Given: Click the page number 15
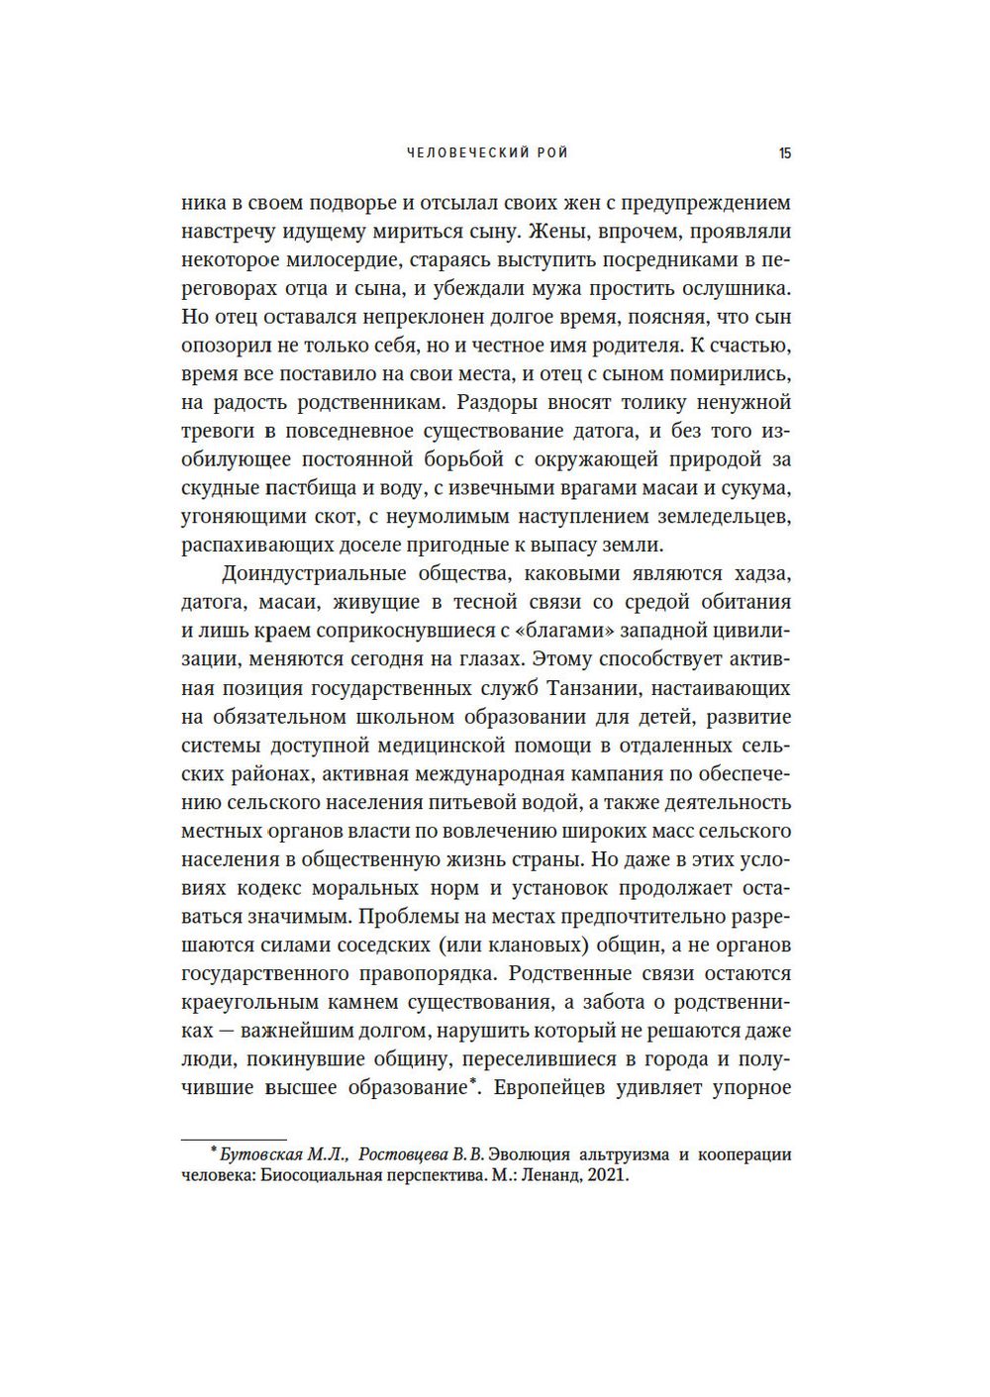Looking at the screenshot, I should click(784, 153).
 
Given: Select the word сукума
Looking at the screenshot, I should click(754, 489).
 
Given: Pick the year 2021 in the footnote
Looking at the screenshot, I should click(607, 1178).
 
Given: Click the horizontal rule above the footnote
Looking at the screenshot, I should click(234, 1140).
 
